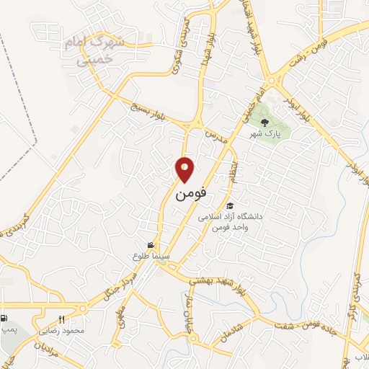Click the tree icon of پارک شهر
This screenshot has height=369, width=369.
[x=264, y=123]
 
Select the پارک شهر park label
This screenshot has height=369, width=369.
[x=264, y=134]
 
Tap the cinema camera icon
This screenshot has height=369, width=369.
[x=151, y=246]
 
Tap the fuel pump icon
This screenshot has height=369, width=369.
[x=5, y=318]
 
